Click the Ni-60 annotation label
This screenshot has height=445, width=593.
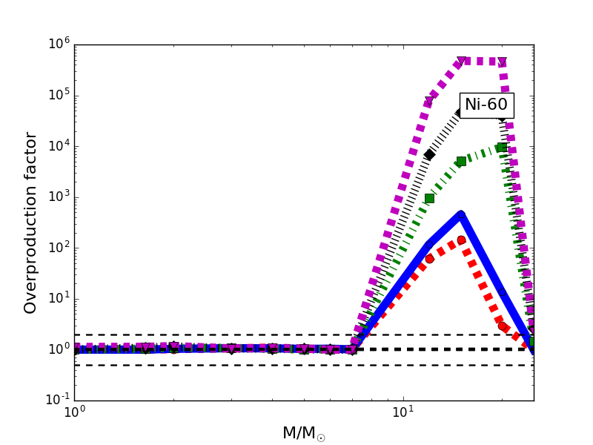pyautogui.click(x=486, y=105)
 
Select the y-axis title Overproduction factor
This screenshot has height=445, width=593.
pyautogui.click(x=30, y=222)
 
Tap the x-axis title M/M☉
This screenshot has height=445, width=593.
pyautogui.click(x=304, y=433)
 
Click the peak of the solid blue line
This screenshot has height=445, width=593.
pyautogui.click(x=461, y=214)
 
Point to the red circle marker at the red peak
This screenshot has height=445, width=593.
pyautogui.click(x=461, y=240)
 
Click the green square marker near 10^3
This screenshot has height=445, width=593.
pyautogui.click(x=429, y=198)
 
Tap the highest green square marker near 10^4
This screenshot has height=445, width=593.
pyautogui.click(x=502, y=147)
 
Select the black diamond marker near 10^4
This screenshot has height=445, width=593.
pyautogui.click(x=429, y=154)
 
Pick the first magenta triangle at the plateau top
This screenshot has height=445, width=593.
pyautogui.click(x=461, y=61)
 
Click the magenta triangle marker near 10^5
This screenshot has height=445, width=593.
pyautogui.click(x=429, y=101)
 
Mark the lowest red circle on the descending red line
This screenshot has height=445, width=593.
pyautogui.click(x=502, y=326)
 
